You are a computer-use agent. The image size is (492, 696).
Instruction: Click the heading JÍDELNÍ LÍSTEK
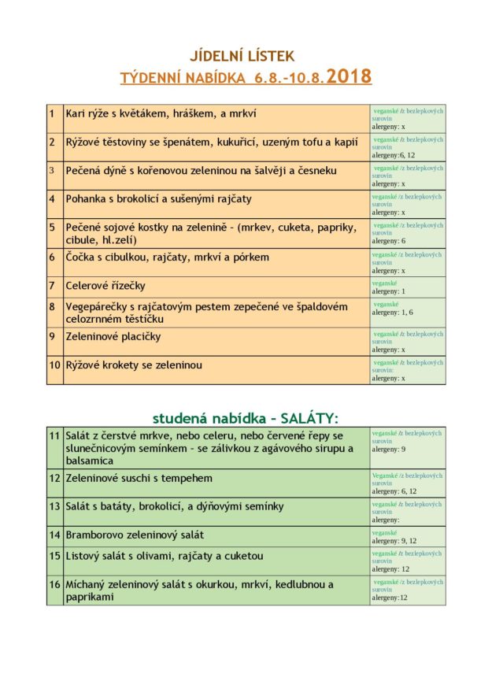[242, 56]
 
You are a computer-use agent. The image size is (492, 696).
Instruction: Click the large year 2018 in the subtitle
[349, 77]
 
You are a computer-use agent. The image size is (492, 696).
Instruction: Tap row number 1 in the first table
[51, 113]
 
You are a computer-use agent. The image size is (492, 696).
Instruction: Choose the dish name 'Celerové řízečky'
[105, 286]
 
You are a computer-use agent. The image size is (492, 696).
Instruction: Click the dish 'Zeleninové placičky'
[113, 337]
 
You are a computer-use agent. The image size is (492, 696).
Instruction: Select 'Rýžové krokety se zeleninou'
[134, 365]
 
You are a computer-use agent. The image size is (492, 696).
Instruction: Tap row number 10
[54, 365]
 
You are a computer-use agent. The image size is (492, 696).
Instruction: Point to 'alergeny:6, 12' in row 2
[394, 155]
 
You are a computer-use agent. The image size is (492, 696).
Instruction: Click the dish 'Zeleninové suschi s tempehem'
[139, 478]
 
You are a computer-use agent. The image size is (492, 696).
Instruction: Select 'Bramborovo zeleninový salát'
[135, 535]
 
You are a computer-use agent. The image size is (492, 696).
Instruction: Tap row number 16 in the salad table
[54, 585]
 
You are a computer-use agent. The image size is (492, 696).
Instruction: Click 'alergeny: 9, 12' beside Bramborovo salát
[394, 541]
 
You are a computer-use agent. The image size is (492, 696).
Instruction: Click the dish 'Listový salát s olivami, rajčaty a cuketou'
[165, 556]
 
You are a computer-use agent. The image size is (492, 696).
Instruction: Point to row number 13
[54, 506]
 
